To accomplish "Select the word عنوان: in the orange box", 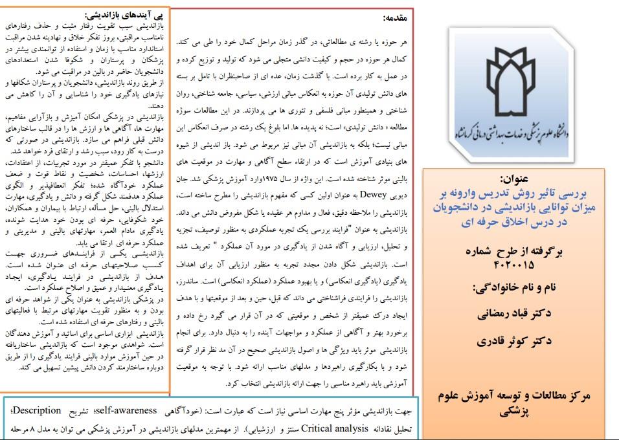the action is click(x=515, y=178).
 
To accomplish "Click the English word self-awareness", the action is click(x=127, y=410).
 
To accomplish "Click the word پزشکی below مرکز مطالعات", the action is click(x=515, y=410).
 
